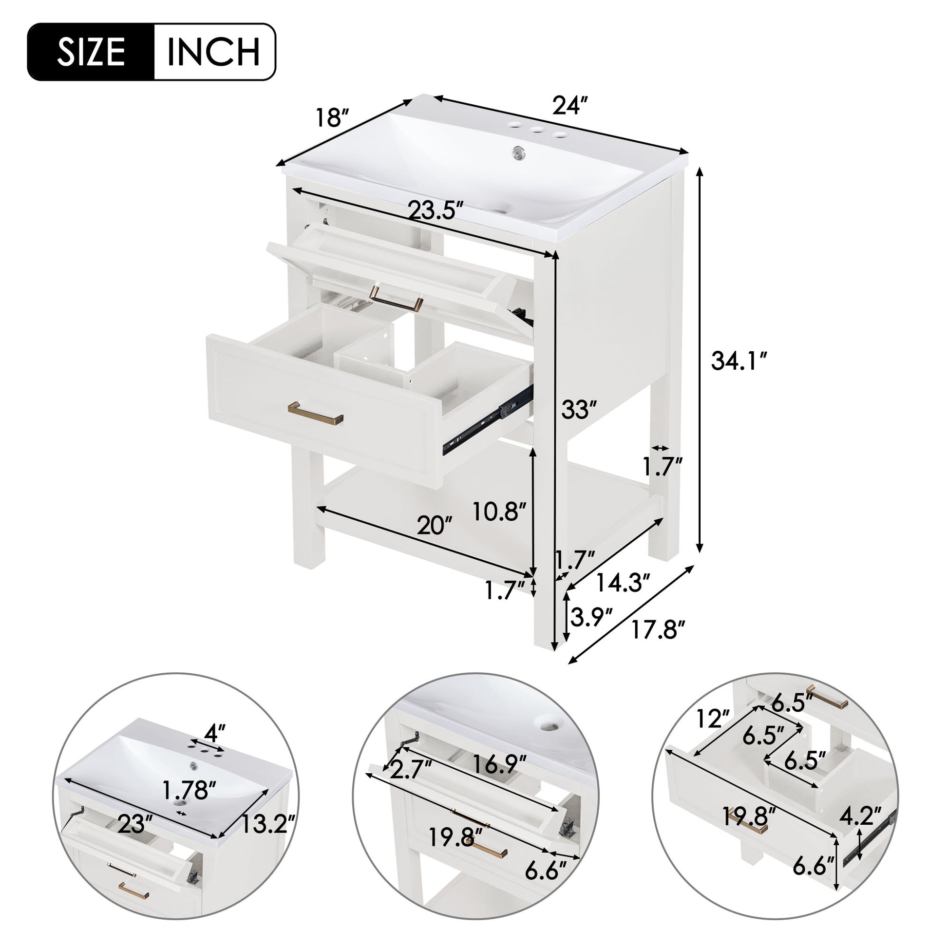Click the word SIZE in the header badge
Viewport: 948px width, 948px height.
coord(91,52)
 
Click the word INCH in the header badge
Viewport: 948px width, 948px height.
coord(213,52)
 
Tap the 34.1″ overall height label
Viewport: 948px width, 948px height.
coord(739,361)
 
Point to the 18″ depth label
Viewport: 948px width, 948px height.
coord(332,118)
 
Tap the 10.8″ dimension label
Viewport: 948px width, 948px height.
coord(499,512)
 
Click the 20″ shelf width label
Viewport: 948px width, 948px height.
coord(434,526)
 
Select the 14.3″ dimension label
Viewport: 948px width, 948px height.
coord(623,583)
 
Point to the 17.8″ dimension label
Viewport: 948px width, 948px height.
coord(657,629)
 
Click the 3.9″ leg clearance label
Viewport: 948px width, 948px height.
coord(591,617)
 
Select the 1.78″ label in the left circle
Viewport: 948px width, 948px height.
coord(189,790)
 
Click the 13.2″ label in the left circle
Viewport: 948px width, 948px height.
coord(267,824)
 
